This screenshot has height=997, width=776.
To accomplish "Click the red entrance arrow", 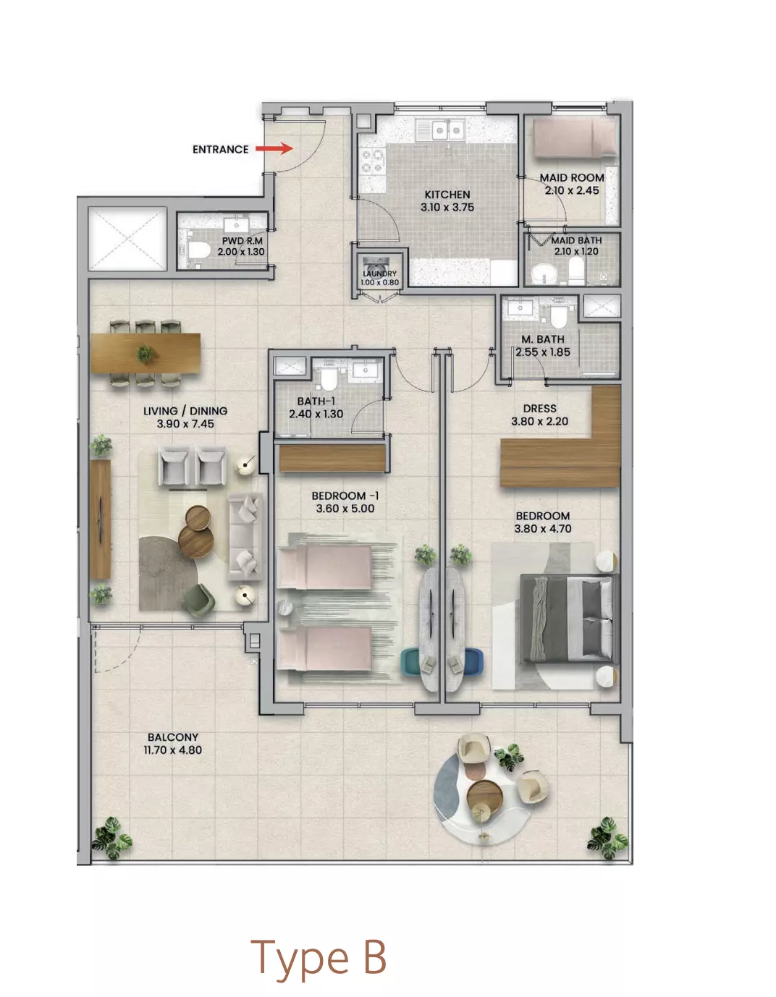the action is (x=274, y=148).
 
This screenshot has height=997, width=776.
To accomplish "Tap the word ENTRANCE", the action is (x=220, y=150).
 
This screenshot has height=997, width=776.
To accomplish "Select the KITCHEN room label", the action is (x=447, y=195).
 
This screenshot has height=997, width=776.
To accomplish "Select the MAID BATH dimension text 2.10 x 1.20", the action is (x=576, y=252).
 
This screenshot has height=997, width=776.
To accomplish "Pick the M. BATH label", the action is (x=542, y=339).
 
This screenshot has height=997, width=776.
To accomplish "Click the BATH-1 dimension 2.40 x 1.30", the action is (x=316, y=415).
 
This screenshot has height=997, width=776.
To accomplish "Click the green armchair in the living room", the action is (x=198, y=598).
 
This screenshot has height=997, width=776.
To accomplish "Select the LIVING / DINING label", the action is (x=185, y=411).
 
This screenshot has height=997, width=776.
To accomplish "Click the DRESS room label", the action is (x=540, y=408).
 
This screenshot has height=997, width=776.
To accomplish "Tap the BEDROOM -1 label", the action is (x=345, y=496).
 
